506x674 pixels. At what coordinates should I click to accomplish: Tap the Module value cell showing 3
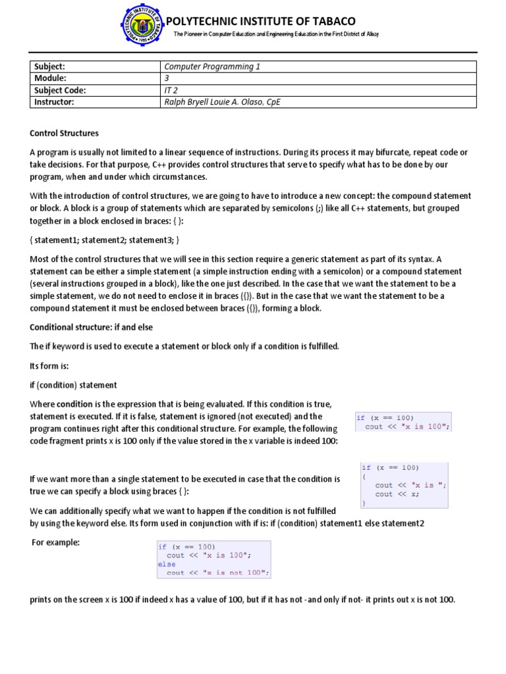tap(167, 78)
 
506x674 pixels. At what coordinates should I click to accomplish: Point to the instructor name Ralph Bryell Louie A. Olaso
tap(221, 103)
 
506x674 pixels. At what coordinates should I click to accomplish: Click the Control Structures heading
tap(64, 133)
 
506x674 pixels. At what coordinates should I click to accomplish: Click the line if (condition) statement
tap(73, 384)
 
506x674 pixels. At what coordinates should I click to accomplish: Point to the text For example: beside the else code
tap(56, 542)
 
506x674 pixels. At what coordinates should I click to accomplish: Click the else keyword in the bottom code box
tap(167, 564)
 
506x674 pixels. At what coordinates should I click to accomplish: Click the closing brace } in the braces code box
tap(363, 502)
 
